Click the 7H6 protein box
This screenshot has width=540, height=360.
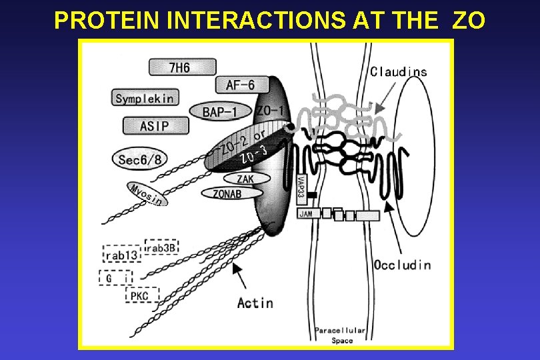tap(182, 67)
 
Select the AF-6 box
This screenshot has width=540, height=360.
tap(235, 85)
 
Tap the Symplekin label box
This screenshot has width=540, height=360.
tap(144, 98)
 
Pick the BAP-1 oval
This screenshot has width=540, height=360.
tap(220, 111)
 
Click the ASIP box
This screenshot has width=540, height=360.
tap(155, 125)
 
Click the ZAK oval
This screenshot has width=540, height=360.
tap(245, 179)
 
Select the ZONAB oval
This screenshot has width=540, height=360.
tap(227, 193)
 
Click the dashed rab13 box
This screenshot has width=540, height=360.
tap(122, 255)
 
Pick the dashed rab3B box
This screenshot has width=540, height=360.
tap(161, 247)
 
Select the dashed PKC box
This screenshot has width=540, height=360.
tap(142, 295)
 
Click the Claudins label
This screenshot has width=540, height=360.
tap(398, 72)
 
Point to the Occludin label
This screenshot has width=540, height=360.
tap(402, 265)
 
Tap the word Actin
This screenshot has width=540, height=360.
tap(255, 303)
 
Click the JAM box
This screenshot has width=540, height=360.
tap(306, 214)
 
